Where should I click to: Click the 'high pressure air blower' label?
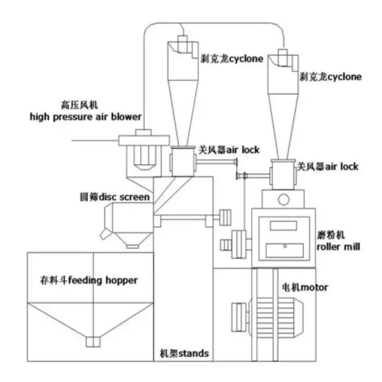coord(86,117)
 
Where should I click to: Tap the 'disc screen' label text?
coord(124,197)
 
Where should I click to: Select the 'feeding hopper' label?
coord(103,280)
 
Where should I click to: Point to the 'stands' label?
coord(194,353)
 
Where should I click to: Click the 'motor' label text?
coord(314,288)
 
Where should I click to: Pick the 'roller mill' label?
coord(338,247)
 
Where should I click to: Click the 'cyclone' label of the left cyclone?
coord(246,59)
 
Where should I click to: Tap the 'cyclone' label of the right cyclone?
coord(345,77)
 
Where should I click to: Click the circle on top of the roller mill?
coord(284,199)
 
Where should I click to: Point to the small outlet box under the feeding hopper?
coord(93,342)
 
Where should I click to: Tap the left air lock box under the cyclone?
coord(183,162)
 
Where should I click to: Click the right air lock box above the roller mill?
coord(283,175)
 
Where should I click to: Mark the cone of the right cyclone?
coord(283,127)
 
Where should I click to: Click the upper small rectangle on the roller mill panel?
coord(283,225)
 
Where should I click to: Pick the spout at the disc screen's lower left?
coord(106,234)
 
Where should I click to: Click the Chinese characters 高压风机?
coord(80,105)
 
